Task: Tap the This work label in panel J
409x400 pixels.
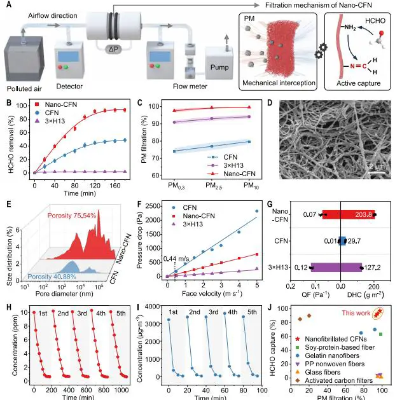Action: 356,313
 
